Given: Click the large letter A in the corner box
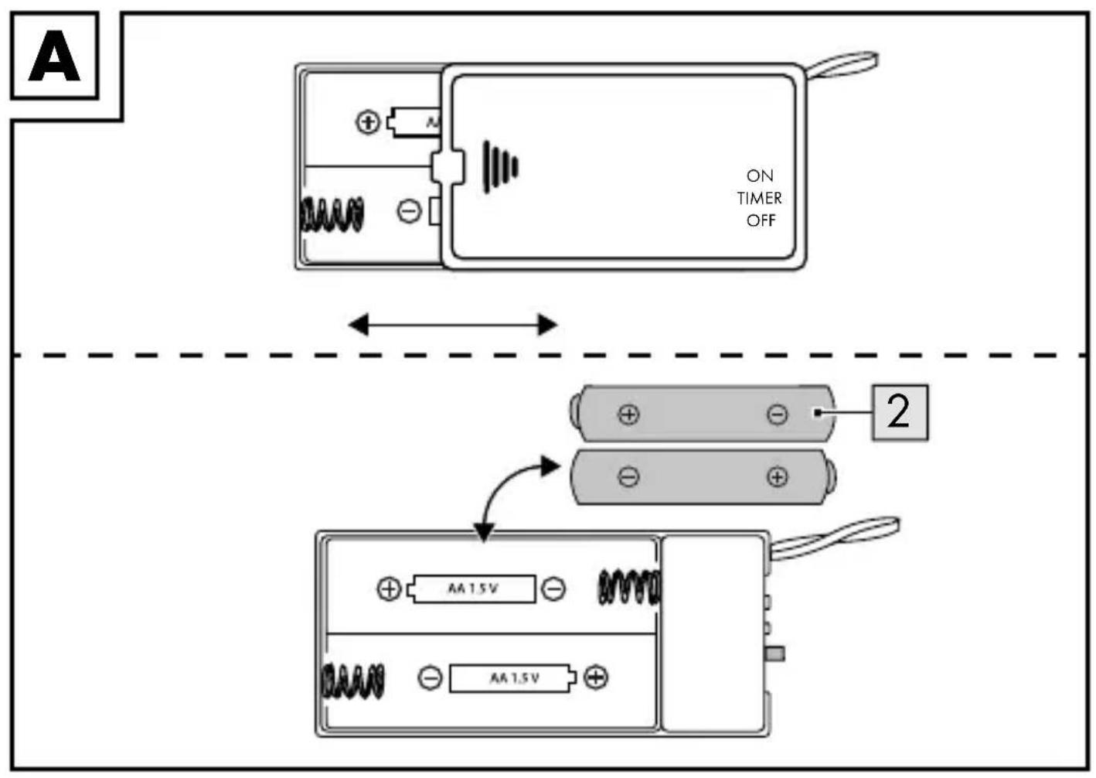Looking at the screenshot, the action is pyautogui.click(x=54, y=56).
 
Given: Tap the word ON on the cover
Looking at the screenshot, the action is pyautogui.click(x=760, y=176).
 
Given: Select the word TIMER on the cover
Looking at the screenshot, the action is pyautogui.click(x=759, y=198).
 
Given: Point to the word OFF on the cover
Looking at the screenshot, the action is pyautogui.click(x=761, y=221).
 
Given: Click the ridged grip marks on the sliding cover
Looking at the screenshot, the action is pyautogui.click(x=500, y=167).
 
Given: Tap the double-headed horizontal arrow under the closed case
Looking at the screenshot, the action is pyautogui.click(x=453, y=325).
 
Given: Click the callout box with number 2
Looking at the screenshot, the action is pyautogui.click(x=900, y=413).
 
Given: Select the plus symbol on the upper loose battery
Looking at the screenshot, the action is pyautogui.click(x=628, y=415).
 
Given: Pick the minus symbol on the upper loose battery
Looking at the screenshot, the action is pyautogui.click(x=777, y=415).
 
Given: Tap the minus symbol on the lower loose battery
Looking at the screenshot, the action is pyautogui.click(x=628, y=477).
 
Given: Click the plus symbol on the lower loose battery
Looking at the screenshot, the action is pyautogui.click(x=777, y=477).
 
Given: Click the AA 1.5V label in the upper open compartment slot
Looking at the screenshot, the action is pyautogui.click(x=473, y=589).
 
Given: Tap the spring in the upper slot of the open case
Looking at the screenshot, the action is pyautogui.click(x=629, y=587).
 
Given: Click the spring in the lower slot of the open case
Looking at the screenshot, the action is pyautogui.click(x=352, y=681).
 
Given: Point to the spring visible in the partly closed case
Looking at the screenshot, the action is pyautogui.click(x=332, y=215).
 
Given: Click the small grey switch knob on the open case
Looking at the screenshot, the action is pyautogui.click(x=775, y=653).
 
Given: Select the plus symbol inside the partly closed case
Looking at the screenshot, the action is pyautogui.click(x=368, y=122).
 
